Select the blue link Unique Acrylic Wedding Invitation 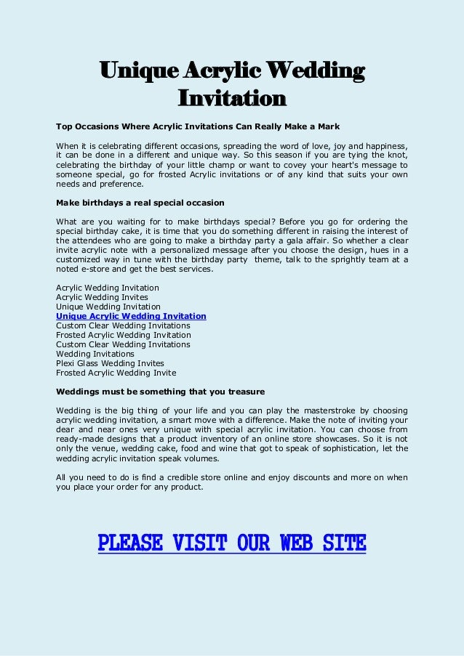pos(131,316)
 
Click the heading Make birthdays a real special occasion pos(140,201)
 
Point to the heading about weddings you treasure pos(160,391)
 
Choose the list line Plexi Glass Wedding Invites pos(110,363)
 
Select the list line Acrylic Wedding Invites pos(102,297)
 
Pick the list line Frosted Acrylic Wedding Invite pos(116,373)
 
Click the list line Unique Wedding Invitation pos(108,307)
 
